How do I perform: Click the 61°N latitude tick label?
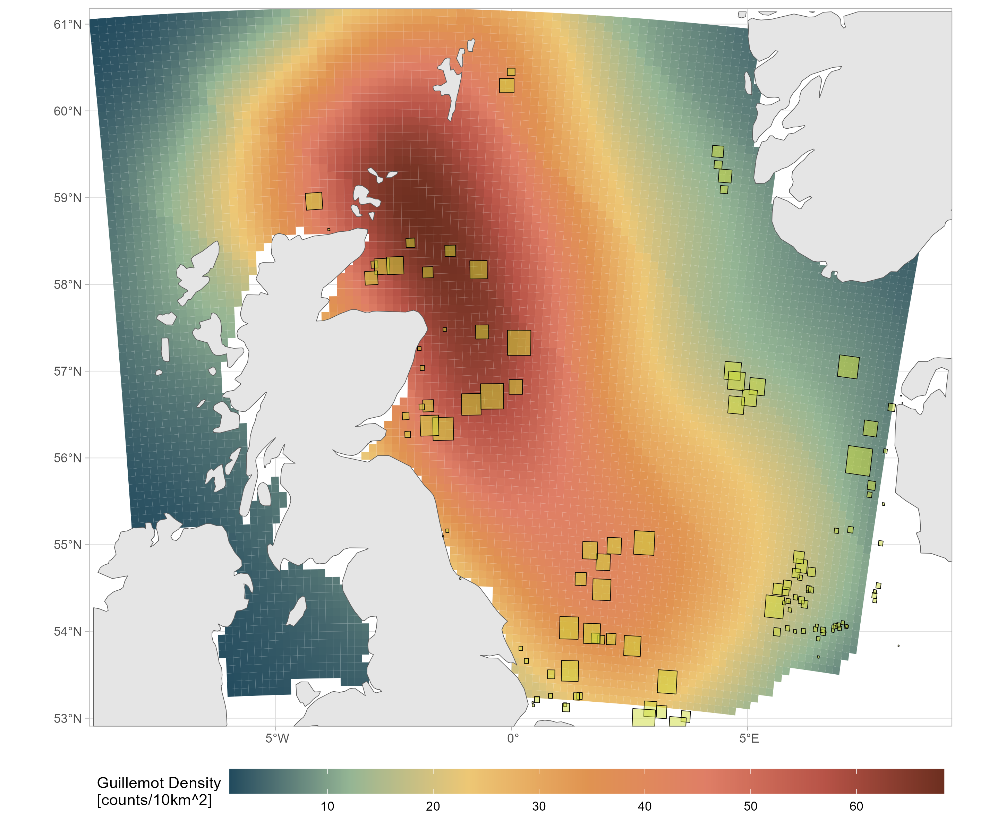pyautogui.click(x=67, y=24)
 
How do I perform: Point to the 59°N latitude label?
pyautogui.click(x=67, y=198)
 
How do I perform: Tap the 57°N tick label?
pyautogui.click(x=67, y=371)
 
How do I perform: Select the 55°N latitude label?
pyautogui.click(x=67, y=544)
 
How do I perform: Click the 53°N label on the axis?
pyautogui.click(x=67, y=718)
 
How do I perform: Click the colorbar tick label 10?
pyautogui.click(x=327, y=806)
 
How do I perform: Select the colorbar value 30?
pyautogui.click(x=539, y=806)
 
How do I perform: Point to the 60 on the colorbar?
pyautogui.click(x=856, y=806)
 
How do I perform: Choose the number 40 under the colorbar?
pyautogui.click(x=645, y=806)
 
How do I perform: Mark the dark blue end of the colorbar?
pyautogui.click(x=236, y=781)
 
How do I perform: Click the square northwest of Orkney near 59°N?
pyautogui.click(x=314, y=201)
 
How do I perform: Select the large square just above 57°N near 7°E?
pyautogui.click(x=848, y=367)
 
